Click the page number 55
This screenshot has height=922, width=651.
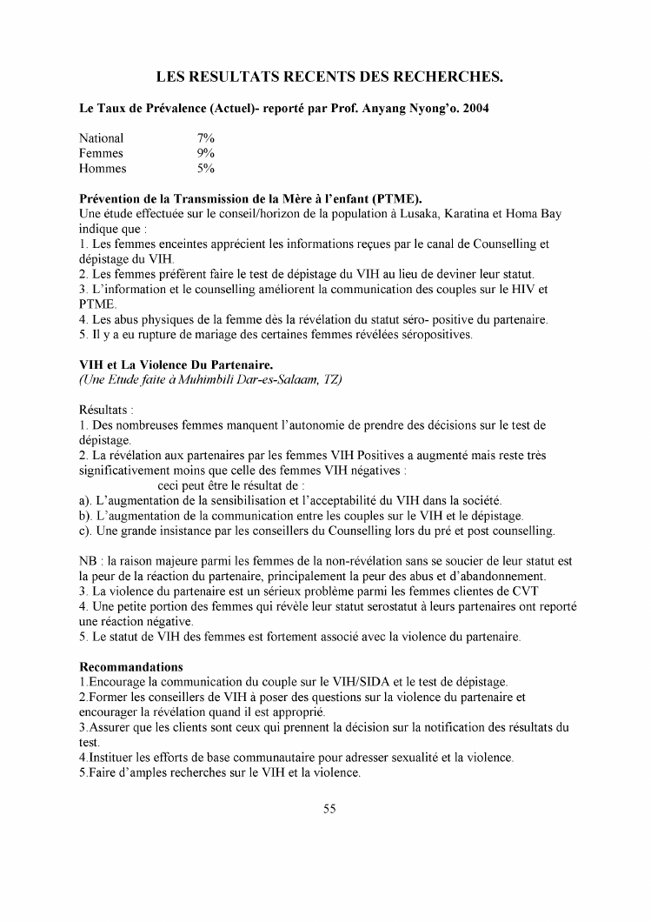[x=329, y=808]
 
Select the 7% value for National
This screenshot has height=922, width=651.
[x=206, y=138]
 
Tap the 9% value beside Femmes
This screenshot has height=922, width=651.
[x=206, y=153]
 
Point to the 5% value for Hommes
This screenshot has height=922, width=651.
[x=206, y=169]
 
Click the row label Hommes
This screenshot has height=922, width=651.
[x=103, y=169]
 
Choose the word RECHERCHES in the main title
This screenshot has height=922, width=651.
[x=444, y=77]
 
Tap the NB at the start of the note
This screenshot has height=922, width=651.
[x=88, y=561]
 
